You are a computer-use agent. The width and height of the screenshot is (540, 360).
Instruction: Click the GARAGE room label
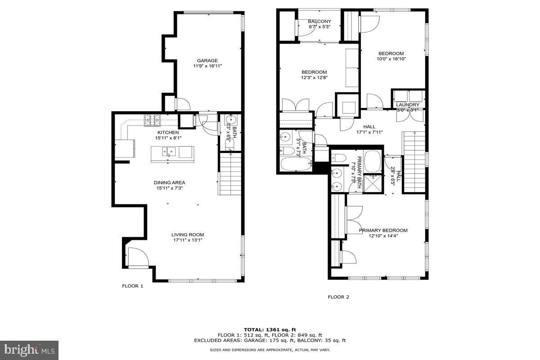(207, 61)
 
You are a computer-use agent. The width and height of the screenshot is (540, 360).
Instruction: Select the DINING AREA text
(169, 183)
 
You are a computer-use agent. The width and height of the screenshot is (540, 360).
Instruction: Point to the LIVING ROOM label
(187, 234)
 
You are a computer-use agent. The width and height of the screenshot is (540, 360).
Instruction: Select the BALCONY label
(319, 22)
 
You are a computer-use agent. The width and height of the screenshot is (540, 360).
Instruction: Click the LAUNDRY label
(407, 105)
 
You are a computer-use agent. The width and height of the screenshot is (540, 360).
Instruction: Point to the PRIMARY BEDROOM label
(383, 230)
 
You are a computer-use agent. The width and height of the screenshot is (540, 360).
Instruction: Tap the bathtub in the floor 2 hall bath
(295, 164)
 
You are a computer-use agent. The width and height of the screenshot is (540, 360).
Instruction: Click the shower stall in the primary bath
(373, 183)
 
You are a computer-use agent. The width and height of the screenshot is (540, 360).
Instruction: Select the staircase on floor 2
(414, 161)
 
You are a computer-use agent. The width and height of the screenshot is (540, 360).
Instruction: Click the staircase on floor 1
(229, 173)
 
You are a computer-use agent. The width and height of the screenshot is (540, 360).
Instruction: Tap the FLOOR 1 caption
(132, 286)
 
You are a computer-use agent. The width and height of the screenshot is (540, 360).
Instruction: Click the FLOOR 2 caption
(338, 297)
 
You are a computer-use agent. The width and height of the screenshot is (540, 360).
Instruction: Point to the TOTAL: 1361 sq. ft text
(270, 329)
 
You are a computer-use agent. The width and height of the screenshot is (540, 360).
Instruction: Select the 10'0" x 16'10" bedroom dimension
(391, 58)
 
